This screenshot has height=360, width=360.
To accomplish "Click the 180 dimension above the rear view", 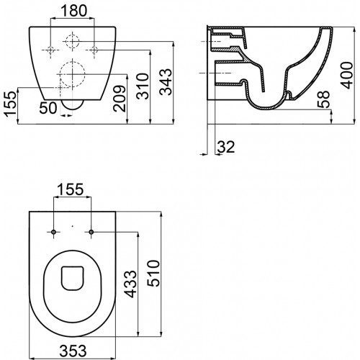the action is [x=74, y=11].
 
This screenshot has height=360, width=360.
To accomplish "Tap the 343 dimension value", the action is [x=166, y=82].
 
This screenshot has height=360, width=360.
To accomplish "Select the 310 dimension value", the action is [x=143, y=86].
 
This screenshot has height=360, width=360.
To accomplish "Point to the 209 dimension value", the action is [x=120, y=99].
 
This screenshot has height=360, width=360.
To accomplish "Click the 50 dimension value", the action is [x=48, y=108].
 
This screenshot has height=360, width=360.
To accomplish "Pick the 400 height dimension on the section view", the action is [x=347, y=76].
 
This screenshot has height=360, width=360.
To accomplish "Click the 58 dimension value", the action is [x=323, y=99].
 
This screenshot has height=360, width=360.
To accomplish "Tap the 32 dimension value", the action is [x=226, y=147].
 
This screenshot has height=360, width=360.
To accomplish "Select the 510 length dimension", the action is [x=153, y=273].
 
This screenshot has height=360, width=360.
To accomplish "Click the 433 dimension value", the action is [x=130, y=284].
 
